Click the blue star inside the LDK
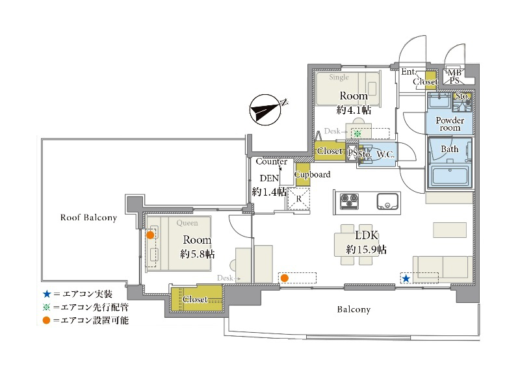[406, 279]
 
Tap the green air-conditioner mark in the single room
[357, 134]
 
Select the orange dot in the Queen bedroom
[150, 235]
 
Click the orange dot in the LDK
[284, 278]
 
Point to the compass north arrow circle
[265, 110]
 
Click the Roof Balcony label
[88, 218]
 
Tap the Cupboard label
[312, 174]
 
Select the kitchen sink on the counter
[387, 201]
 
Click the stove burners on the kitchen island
[349, 201]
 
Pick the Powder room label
[450, 124]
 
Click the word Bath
[450, 149]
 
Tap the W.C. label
[385, 154]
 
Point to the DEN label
[269, 178]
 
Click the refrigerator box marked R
[298, 199]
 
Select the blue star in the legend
[47, 294]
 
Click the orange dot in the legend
[46, 320]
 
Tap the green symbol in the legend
[46, 307]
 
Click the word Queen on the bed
[187, 223]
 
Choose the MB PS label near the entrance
[454, 77]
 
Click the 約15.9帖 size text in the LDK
[366, 249]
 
